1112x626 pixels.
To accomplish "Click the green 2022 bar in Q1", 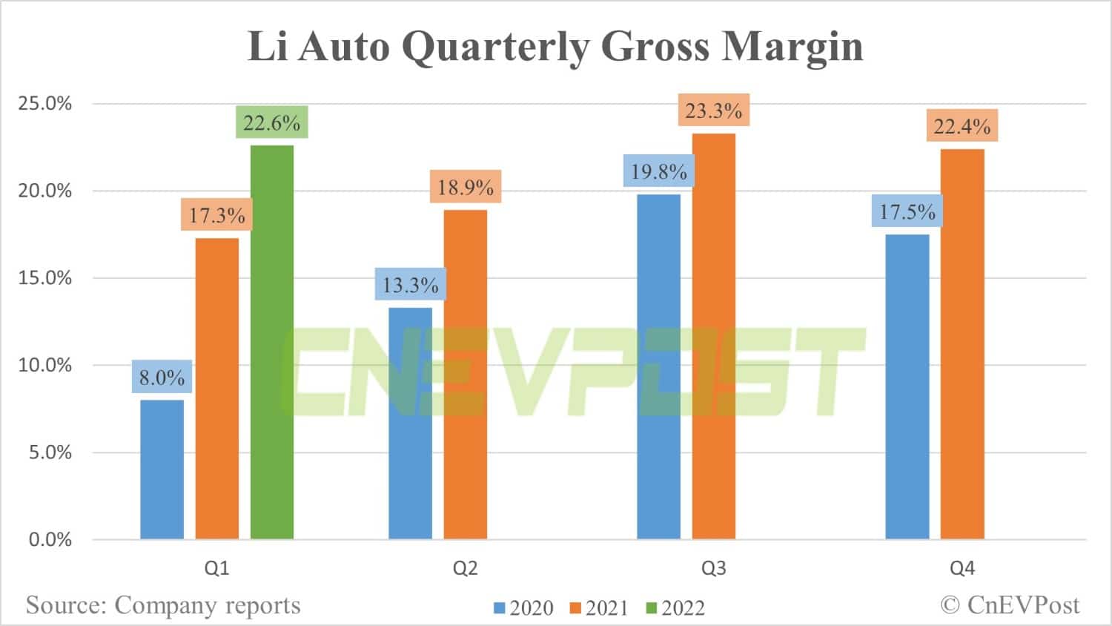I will pyautogui.click(x=272, y=342).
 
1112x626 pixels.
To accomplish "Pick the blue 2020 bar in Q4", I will pyautogui.click(x=907, y=386).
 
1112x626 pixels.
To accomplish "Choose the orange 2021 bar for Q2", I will pyautogui.click(x=466, y=375).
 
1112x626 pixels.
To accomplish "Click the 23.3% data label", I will pyautogui.click(x=713, y=111).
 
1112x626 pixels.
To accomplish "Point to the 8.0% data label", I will pyautogui.click(x=162, y=378).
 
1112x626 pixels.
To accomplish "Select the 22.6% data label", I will pyautogui.click(x=271, y=122).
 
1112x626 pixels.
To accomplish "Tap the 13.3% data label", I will pyautogui.click(x=410, y=285).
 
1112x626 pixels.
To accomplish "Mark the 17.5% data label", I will pyautogui.click(x=907, y=212).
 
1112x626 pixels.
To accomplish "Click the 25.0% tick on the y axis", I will pyautogui.click(x=45, y=103).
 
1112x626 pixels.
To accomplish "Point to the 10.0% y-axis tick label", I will pyautogui.click(x=45, y=365).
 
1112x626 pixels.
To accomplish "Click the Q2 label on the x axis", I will pyautogui.click(x=466, y=569).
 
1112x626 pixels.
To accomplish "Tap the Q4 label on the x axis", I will pyautogui.click(x=962, y=569).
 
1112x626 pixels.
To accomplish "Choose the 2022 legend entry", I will pyautogui.click(x=675, y=608).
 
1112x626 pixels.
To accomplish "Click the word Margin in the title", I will pyautogui.click(x=792, y=46).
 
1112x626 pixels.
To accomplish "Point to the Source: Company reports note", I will pyautogui.click(x=163, y=605).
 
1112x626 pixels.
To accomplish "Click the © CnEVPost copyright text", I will pyautogui.click(x=1010, y=605).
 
